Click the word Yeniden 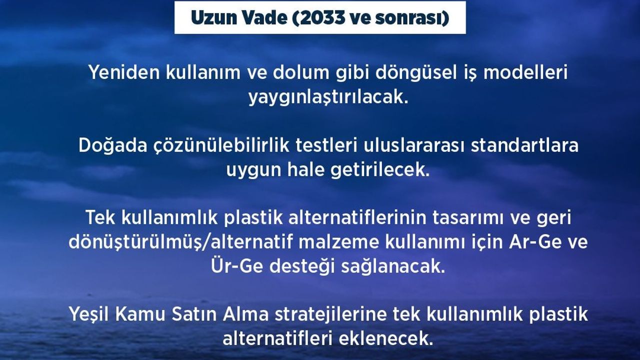point(124,72)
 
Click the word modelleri point(525,72)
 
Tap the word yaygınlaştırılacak point(327,97)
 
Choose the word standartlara point(524,145)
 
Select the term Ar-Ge point(533,242)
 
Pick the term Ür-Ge point(236,266)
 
